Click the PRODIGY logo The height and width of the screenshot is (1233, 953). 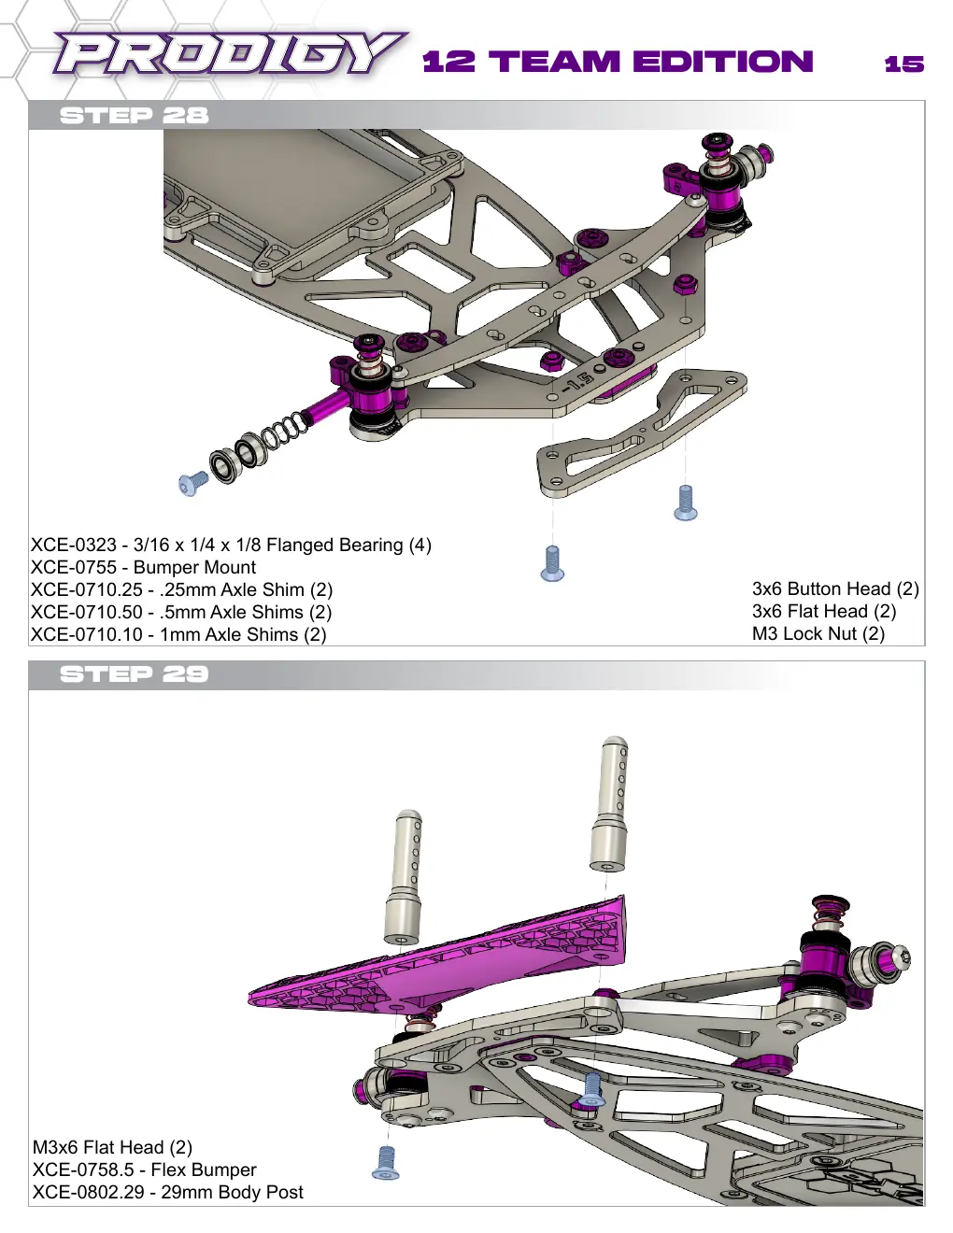coord(230,54)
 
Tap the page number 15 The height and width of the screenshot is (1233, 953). coord(904,64)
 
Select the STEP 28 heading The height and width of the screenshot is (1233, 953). coord(134,116)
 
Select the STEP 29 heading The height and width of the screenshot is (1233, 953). coord(134,674)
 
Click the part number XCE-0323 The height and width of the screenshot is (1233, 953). coord(73,545)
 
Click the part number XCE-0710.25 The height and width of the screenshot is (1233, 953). coord(86,589)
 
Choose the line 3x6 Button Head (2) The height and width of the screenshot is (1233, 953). coord(835,588)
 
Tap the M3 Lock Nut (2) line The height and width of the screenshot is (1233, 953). coord(818,633)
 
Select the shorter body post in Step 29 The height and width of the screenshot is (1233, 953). coord(404,877)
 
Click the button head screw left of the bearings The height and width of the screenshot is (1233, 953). coord(192,483)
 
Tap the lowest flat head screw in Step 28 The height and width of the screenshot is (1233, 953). coord(552,563)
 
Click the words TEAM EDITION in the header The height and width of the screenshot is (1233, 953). coord(651,62)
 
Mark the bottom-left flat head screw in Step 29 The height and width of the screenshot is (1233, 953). coord(386,1161)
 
